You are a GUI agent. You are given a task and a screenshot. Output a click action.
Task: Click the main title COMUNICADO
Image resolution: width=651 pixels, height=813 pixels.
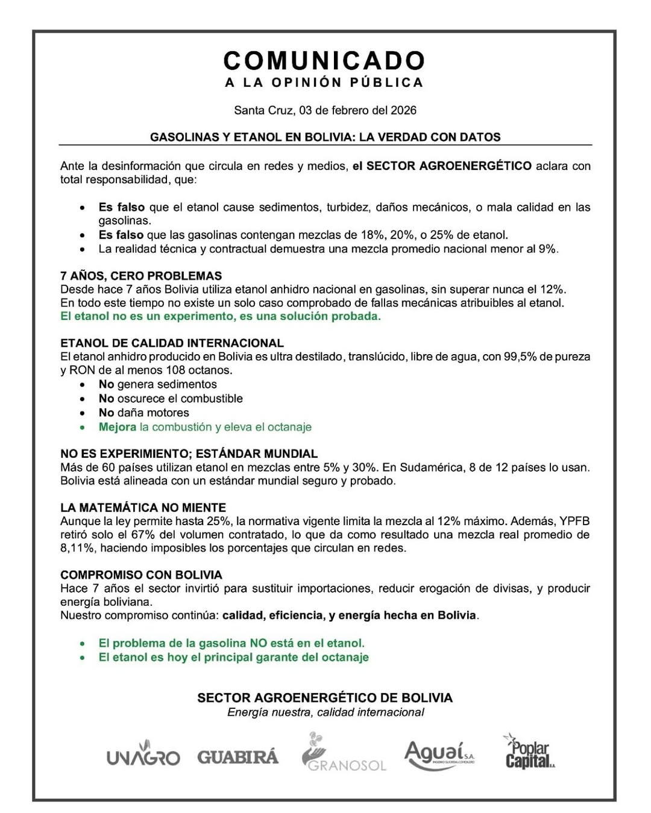point(324,60)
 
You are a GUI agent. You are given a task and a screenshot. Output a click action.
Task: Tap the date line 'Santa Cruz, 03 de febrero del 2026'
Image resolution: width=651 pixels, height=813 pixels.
point(325,110)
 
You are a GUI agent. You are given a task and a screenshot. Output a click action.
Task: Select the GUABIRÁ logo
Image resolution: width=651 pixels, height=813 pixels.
point(238,757)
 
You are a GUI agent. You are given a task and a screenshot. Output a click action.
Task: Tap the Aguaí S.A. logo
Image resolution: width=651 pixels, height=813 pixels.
point(439,755)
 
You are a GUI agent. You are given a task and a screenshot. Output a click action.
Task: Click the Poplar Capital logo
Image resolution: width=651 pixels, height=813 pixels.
point(529,752)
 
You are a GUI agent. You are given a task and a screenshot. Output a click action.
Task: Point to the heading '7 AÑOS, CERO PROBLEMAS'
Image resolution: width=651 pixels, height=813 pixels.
point(141,276)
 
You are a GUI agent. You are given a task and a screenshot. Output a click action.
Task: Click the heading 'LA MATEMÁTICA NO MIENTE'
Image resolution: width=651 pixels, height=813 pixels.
point(143,508)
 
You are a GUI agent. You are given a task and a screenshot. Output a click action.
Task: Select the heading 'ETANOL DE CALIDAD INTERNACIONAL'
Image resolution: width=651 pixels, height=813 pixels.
point(172,343)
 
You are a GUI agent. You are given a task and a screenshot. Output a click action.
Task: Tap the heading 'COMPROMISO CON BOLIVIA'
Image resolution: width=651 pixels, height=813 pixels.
point(141,575)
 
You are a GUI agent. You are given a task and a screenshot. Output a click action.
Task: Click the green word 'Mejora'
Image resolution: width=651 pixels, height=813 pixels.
point(118,427)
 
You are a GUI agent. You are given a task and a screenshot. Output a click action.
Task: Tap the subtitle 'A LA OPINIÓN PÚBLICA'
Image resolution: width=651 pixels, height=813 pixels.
point(324,83)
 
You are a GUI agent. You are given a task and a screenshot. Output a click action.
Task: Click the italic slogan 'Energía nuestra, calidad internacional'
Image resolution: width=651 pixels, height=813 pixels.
point(325,712)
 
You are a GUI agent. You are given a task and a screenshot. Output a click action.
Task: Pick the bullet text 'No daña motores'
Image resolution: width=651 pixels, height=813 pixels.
point(143,413)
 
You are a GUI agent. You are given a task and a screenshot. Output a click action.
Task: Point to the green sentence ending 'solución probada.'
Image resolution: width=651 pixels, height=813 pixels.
point(221,316)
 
